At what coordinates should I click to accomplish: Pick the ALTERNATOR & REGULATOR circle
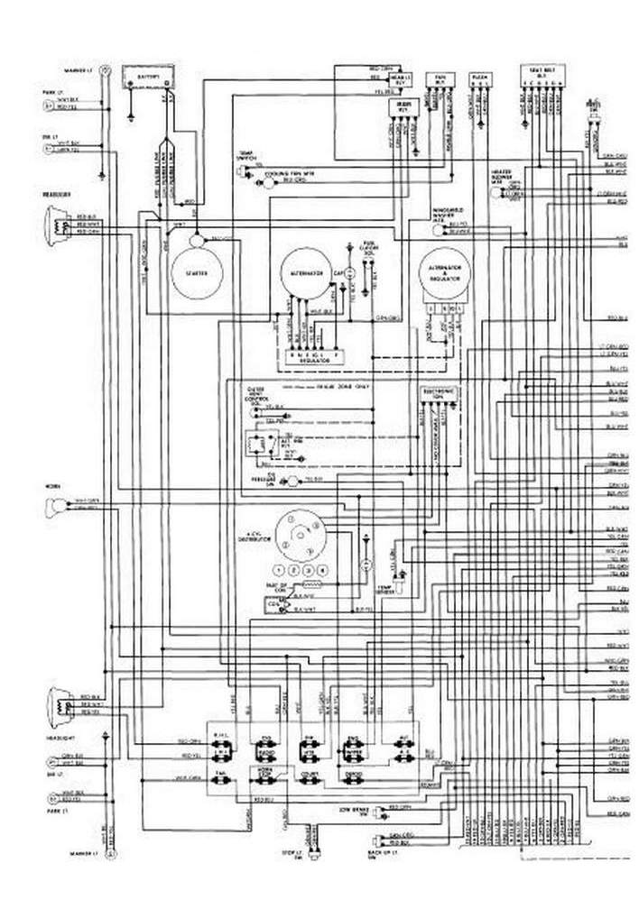445,275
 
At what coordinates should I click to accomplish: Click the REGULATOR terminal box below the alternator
311,354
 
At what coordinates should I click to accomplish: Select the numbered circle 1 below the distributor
282,571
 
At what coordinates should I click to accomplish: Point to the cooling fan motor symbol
268,179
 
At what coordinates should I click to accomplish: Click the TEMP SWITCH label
245,156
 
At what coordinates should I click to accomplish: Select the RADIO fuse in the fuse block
267,750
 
